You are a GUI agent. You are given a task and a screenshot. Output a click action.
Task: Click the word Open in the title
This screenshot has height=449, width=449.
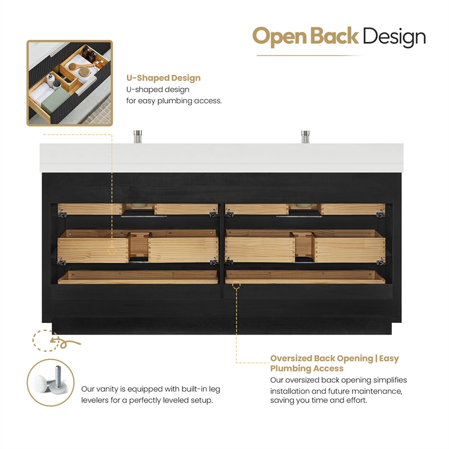[x=280, y=37]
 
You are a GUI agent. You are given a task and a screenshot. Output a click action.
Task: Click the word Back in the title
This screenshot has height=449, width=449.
[x=334, y=36]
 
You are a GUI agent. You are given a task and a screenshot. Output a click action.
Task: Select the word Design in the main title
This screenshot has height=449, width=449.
[x=394, y=37]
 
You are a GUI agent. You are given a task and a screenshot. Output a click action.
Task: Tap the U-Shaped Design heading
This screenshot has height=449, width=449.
[x=163, y=78]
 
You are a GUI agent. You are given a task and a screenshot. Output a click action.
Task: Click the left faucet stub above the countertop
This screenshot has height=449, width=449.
[x=138, y=136]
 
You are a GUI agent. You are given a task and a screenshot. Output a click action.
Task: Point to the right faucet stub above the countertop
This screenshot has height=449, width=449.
[x=305, y=136]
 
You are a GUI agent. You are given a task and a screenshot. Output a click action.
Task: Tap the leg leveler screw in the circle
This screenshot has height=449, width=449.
[x=58, y=374]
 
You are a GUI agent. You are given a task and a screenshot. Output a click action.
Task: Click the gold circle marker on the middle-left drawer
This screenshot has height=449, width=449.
[x=112, y=251]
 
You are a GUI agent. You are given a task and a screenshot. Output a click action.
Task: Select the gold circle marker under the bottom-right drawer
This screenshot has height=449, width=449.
[x=236, y=285]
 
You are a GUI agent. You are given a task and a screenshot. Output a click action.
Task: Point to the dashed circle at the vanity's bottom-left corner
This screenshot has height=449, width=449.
[x=45, y=341]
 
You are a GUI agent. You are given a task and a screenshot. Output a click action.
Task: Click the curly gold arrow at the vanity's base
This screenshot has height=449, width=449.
[x=65, y=341]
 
